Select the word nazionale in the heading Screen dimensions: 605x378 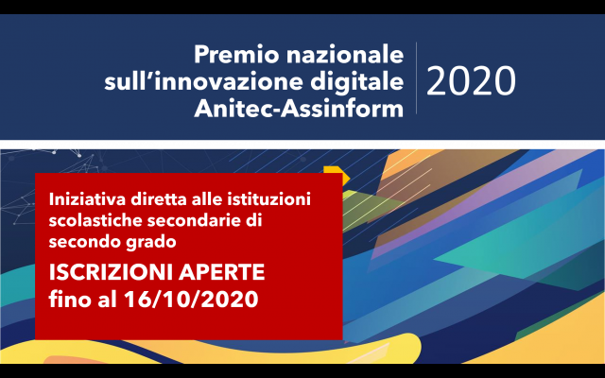(345, 55)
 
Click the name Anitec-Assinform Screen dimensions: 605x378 (299, 109)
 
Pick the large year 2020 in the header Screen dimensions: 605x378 (471, 81)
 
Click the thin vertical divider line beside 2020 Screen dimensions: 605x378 (416, 77)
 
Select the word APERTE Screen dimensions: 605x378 (223, 273)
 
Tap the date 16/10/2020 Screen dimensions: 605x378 (191, 299)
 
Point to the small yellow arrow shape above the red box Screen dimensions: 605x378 (337, 175)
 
